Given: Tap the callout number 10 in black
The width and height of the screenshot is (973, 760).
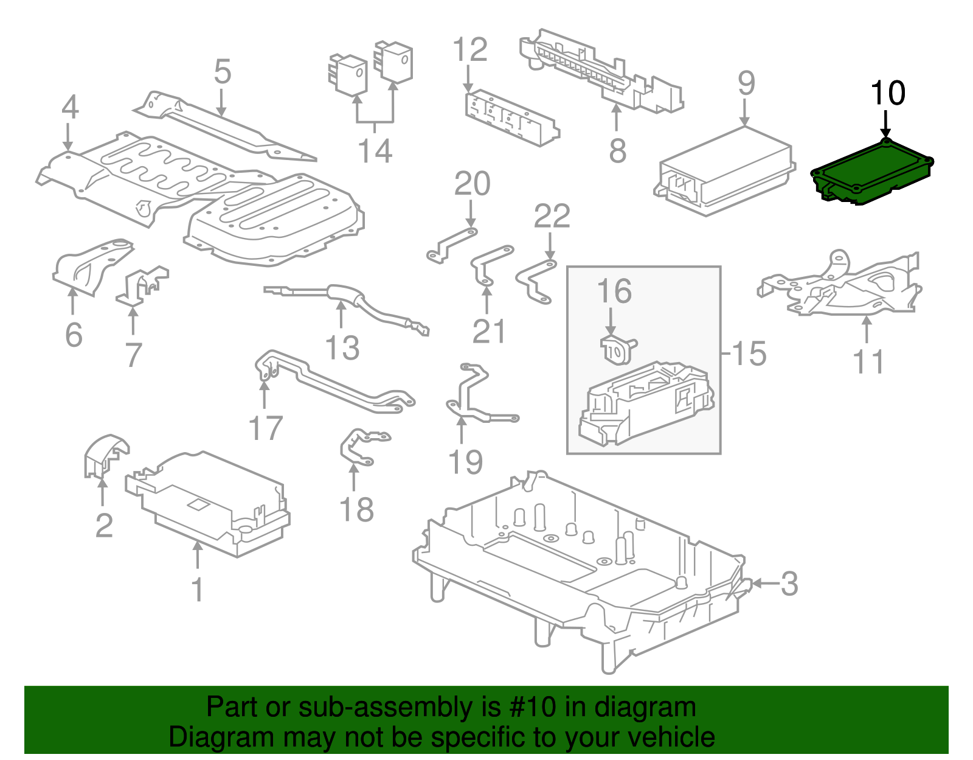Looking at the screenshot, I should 887,94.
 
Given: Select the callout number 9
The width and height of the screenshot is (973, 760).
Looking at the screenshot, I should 746,84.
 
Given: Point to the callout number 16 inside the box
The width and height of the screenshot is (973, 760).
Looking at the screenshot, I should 614,291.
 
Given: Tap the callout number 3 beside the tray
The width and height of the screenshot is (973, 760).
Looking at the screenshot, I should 789,584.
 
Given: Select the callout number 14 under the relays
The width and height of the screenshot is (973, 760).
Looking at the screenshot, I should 375,151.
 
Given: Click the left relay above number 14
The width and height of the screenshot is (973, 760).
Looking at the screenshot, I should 348,75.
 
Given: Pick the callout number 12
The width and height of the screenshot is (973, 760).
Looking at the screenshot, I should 470,50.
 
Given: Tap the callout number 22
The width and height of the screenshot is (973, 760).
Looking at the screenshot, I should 552,217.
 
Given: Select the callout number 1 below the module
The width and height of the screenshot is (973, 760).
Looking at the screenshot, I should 197,589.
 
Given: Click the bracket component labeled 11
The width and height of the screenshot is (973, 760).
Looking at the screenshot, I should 845,286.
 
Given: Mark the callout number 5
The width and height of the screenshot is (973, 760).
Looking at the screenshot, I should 223,72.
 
